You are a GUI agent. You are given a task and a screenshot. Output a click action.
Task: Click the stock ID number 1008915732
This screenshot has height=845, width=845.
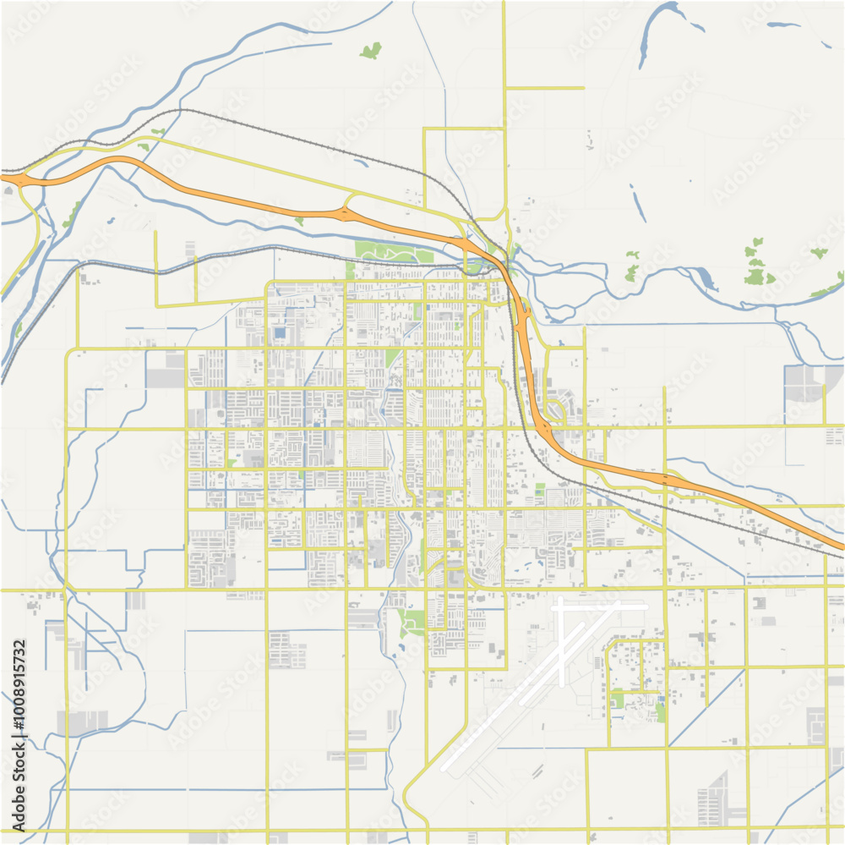pos(19,734)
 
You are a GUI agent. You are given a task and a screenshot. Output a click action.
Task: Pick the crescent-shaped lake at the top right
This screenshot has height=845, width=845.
pos(655,30)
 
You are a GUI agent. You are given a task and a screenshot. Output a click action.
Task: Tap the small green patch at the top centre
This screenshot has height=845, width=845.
pos(370,51)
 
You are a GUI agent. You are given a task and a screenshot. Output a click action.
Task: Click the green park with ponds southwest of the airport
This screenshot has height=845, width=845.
pos(412,622)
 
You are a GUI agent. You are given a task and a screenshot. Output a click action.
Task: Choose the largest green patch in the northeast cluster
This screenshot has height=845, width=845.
pos(758,277)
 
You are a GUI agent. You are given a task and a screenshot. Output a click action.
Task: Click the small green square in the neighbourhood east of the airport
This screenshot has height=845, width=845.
pos(619,700)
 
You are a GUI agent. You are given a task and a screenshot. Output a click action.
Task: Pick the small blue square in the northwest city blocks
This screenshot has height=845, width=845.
pos(280,333)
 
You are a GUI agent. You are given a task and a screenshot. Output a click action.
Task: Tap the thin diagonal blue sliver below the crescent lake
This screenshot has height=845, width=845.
pos(637,202)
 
